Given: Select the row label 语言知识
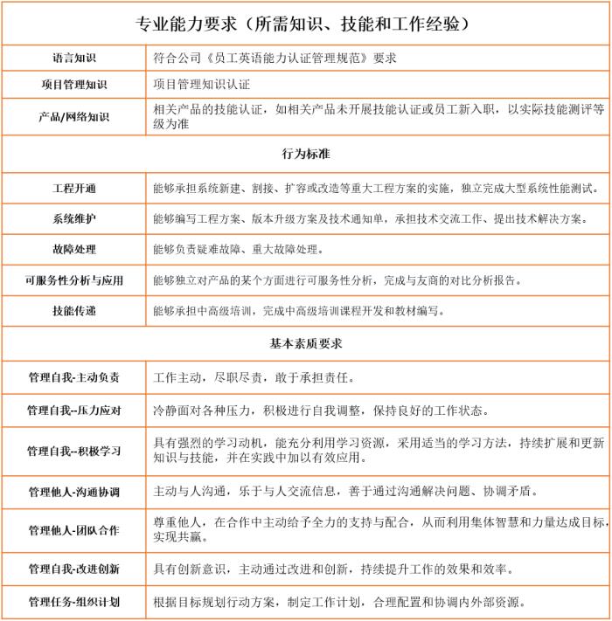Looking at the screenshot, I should coord(74,58).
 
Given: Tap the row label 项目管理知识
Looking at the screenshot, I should coord(74,85).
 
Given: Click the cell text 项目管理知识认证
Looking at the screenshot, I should coord(202,85).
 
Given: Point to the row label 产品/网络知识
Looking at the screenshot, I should coord(74,116).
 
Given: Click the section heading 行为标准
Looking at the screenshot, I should coord(305,154).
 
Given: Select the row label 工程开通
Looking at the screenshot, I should coord(74,189).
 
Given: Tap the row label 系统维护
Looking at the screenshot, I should coord(74,219).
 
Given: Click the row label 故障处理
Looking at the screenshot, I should coord(74,250).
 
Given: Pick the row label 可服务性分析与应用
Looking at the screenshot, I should coord(74,280).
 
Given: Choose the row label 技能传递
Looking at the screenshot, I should coord(74,311).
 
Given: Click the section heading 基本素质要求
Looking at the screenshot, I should coord(305,343).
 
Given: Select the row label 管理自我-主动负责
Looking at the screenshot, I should coord(74,378).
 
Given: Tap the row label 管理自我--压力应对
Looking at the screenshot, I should coord(74,411).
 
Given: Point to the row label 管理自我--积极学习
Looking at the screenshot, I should coord(74,451).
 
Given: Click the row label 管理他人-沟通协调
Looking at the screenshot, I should coord(74,491).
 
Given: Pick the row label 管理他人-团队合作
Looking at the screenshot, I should coord(74,530).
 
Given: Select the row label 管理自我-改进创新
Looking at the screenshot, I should coord(74,569).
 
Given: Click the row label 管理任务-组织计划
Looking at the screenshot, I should coord(74,602).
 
